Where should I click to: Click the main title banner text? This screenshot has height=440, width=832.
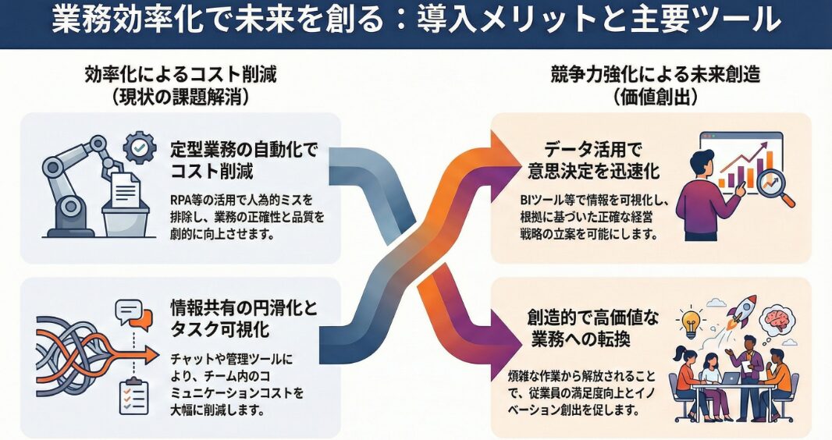click(x=416, y=20)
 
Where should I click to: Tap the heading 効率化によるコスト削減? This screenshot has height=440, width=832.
click(x=181, y=76)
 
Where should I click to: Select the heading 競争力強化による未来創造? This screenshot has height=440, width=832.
click(x=655, y=76)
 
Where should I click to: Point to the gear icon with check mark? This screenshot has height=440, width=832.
click(x=140, y=146)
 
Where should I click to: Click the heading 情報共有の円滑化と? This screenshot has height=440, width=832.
click(x=245, y=307)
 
